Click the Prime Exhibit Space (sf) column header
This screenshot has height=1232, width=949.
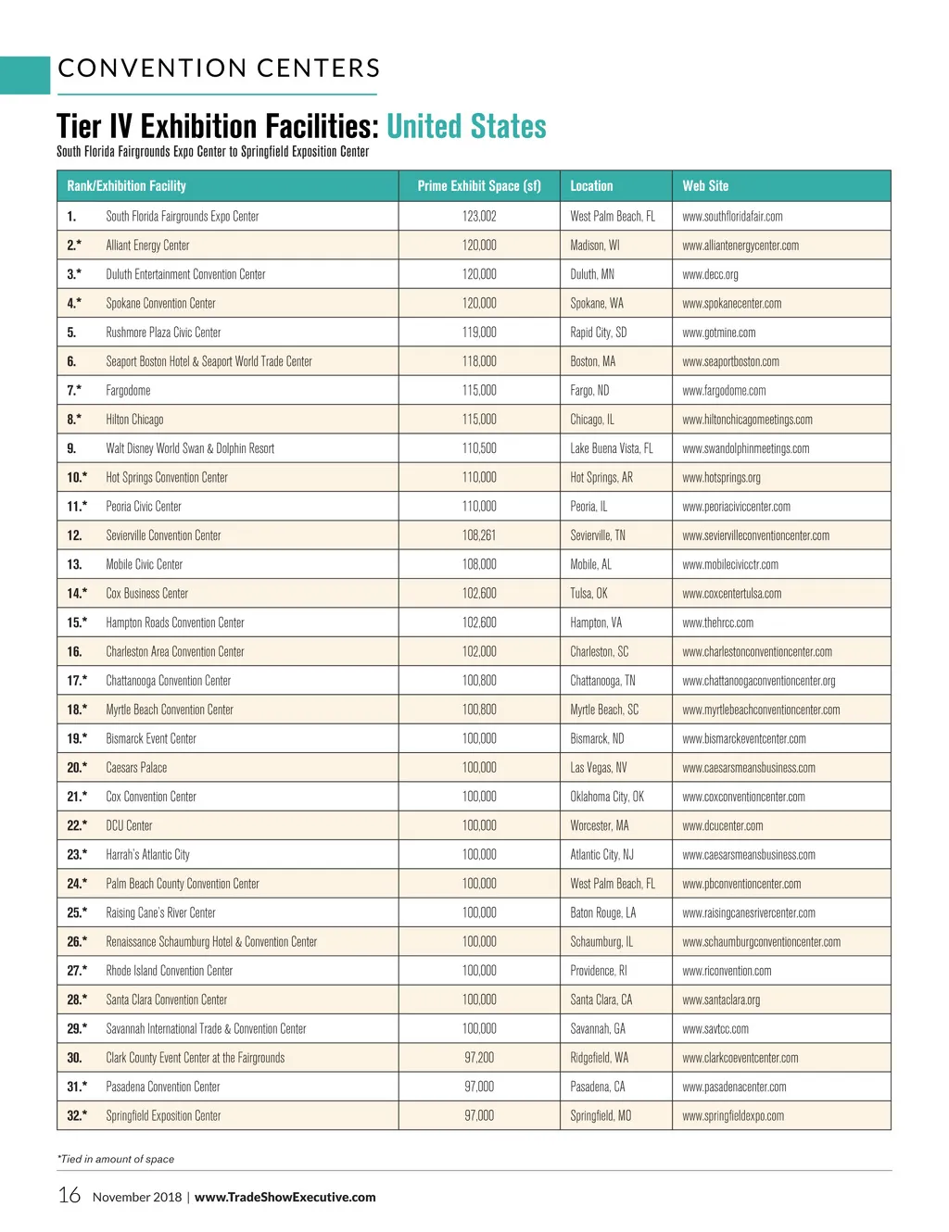pos(479,186)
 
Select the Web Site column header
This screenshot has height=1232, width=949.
pos(705,186)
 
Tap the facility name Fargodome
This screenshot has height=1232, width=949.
pos(128,391)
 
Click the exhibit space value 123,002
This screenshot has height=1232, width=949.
pos(479,217)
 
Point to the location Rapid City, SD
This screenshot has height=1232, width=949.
pos(598,333)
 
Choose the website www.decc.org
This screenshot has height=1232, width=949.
pos(710,275)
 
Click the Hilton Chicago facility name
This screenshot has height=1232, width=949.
pos(134,420)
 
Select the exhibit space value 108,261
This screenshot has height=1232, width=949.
pos(479,535)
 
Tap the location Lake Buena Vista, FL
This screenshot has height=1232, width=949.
pos(611,448)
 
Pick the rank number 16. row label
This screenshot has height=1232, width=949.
pos(74,652)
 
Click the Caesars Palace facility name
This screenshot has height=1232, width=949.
pos(136,768)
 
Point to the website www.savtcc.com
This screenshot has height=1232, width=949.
pos(715,1029)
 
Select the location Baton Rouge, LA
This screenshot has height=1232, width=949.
pos(602,913)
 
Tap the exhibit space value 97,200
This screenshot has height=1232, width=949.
pos(479,1058)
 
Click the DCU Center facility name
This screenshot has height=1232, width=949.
pos(129,826)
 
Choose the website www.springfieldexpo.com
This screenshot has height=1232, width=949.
pos(732,1116)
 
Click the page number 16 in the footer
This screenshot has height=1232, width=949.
pos(70,1196)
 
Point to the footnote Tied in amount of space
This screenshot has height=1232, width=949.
pos(116,1159)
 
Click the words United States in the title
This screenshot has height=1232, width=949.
pos(466,127)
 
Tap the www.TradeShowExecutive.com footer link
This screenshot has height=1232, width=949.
pos(285,1197)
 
